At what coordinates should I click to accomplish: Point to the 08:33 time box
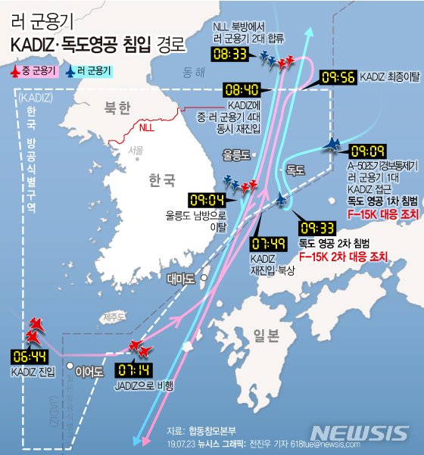click(230, 55)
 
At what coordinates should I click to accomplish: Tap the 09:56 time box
click(338, 77)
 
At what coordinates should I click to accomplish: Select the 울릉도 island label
click(235, 154)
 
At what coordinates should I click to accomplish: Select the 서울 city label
click(136, 151)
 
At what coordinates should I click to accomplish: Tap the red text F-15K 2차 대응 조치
click(343, 257)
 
